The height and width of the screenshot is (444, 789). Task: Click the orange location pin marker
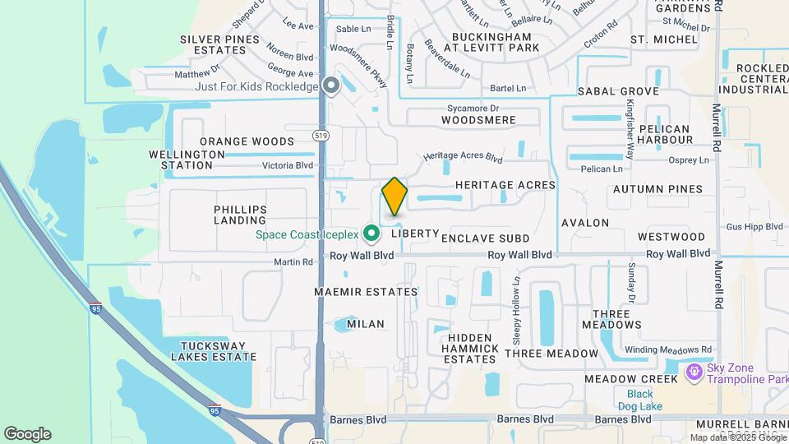click(395, 197)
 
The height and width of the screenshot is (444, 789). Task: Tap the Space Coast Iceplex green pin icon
click(371, 234)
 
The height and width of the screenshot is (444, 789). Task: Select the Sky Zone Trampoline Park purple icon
click(694, 373)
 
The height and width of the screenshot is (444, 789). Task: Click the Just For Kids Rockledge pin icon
click(331, 86)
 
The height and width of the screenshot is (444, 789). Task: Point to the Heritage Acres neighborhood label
click(505, 185)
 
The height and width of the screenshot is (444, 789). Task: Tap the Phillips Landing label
click(240, 215)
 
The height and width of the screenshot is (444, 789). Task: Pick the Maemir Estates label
click(366, 292)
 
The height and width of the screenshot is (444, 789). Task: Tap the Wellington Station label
click(187, 160)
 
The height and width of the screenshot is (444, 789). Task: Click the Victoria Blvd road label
click(288, 165)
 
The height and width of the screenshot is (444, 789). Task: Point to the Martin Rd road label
click(293, 262)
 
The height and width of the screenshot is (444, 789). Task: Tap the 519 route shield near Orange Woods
click(321, 134)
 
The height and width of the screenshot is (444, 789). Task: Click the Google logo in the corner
click(27, 433)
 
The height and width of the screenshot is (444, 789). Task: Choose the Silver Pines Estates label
click(215, 44)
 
